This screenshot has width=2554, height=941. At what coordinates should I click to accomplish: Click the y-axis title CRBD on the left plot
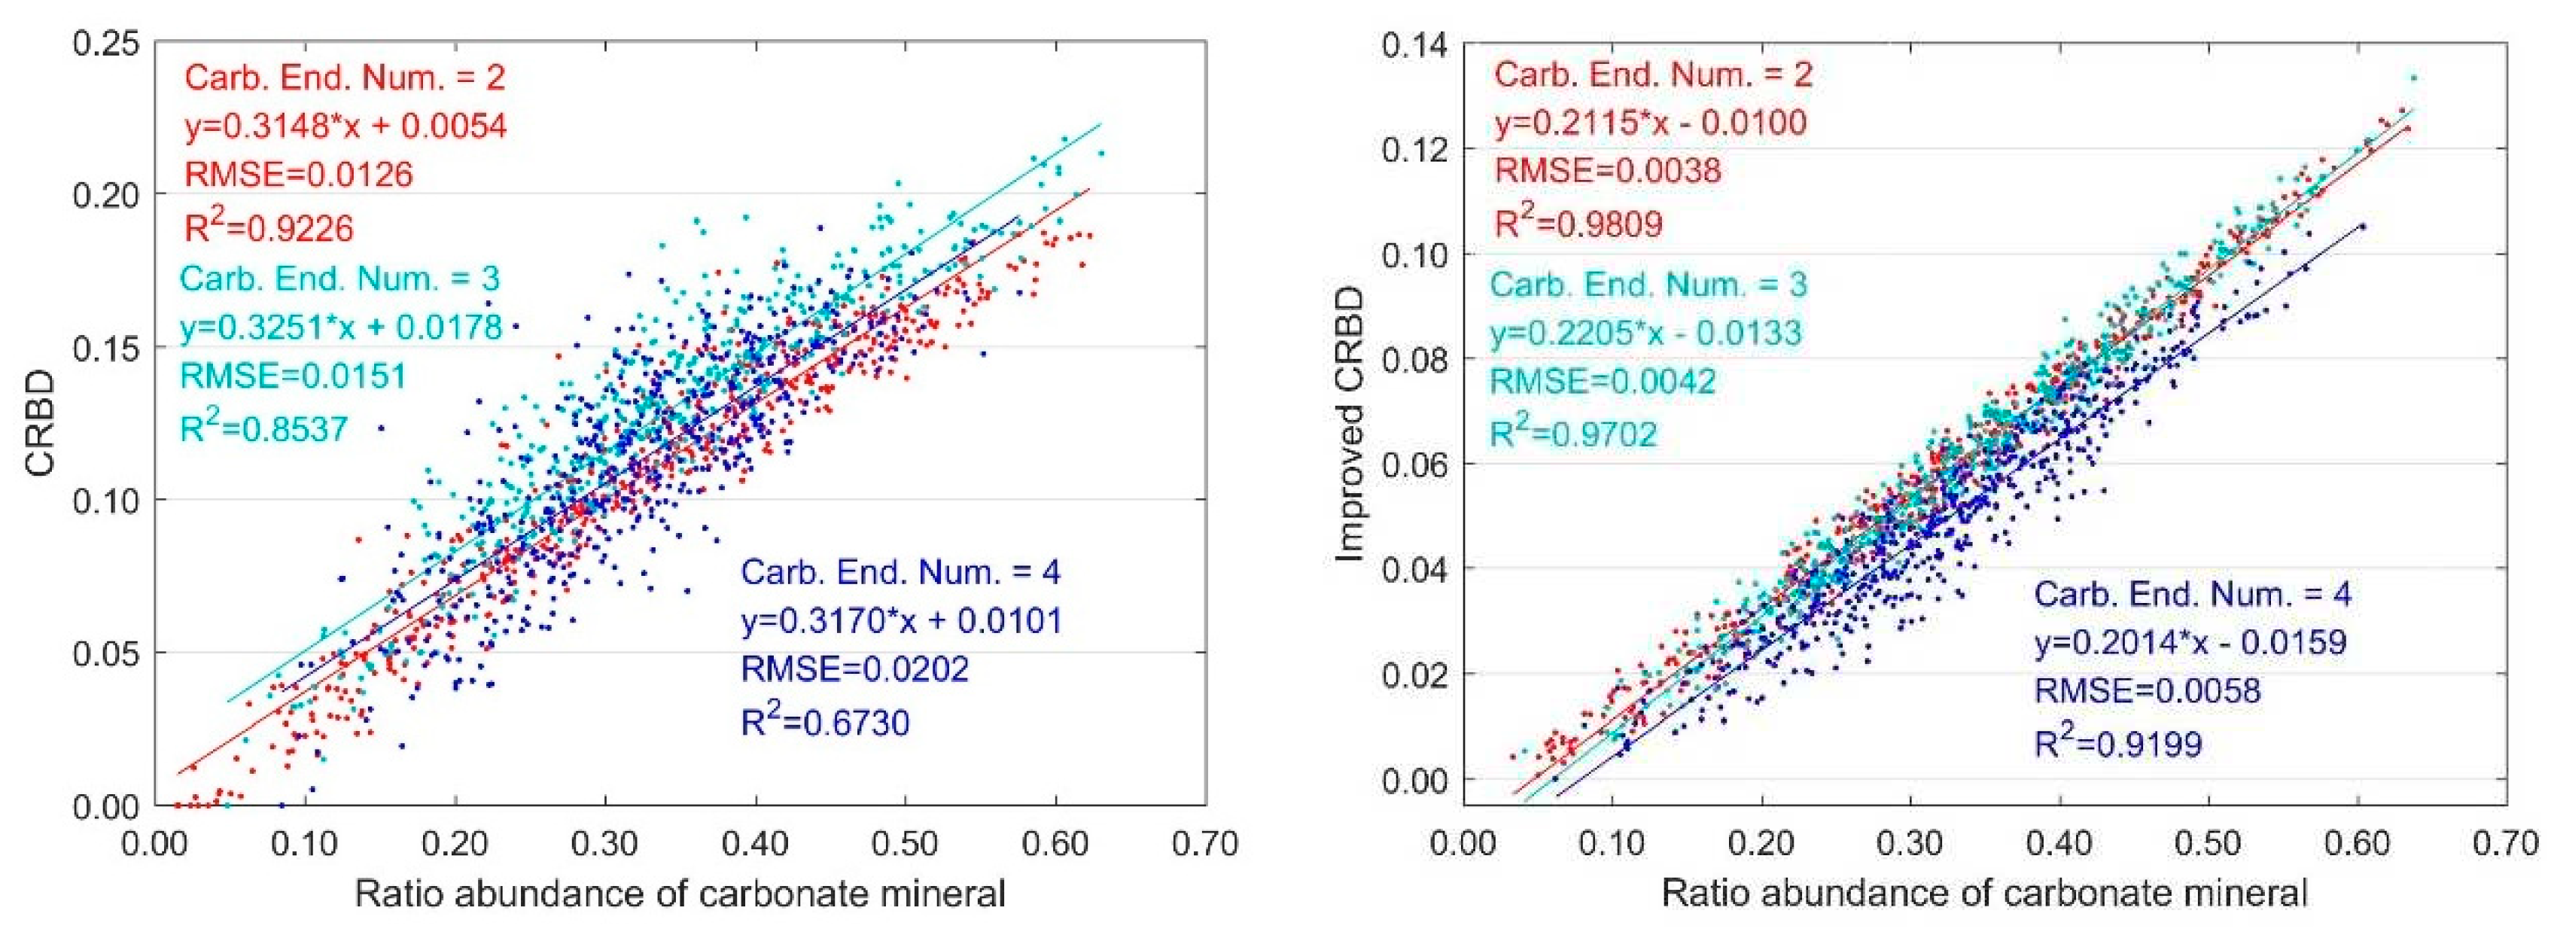pyautogui.click(x=40, y=425)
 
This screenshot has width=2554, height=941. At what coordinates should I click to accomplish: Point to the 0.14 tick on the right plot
pyautogui.click(x=1412, y=44)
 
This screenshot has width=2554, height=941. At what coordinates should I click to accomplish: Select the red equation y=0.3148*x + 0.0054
pyautogui.click(x=346, y=126)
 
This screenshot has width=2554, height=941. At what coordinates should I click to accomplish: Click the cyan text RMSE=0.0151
pyautogui.click(x=294, y=377)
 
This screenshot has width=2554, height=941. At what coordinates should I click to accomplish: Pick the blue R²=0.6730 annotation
pyautogui.click(x=825, y=723)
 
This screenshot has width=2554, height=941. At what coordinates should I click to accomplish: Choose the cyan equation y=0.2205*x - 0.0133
pyautogui.click(x=1645, y=333)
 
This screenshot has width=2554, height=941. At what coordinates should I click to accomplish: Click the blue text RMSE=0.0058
pyautogui.click(x=2148, y=690)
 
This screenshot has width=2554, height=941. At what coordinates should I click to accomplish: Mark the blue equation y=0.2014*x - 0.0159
pyautogui.click(x=2191, y=641)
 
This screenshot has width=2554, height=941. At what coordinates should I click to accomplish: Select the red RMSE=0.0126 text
pyautogui.click(x=298, y=175)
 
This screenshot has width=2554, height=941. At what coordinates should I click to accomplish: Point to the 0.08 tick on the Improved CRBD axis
pyautogui.click(x=1412, y=359)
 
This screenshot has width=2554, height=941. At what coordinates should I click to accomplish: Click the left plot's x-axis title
pyautogui.click(x=680, y=894)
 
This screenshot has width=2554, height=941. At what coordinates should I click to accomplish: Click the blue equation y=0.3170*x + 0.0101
pyautogui.click(x=901, y=621)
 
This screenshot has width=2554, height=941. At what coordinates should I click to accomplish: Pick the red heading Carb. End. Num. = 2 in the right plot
pyautogui.click(x=1654, y=75)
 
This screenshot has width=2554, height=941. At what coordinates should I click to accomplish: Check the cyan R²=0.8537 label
pyautogui.click(x=263, y=428)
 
